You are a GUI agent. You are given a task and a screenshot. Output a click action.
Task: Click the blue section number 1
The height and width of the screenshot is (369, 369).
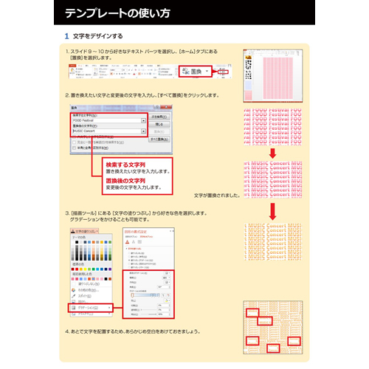[66, 35]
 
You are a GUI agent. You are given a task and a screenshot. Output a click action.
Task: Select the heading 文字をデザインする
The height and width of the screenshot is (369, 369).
[98, 35]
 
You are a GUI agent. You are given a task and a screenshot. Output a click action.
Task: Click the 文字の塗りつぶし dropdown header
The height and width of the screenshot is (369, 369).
[91, 231]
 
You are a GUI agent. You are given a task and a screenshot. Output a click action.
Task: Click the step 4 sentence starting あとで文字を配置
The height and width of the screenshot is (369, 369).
[133, 331]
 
